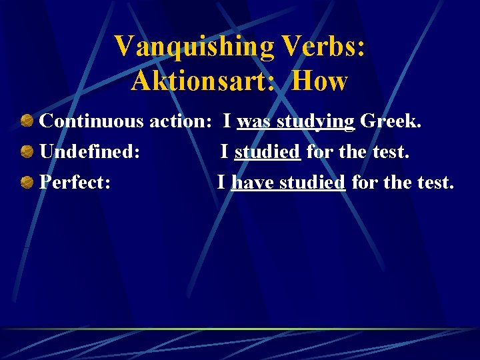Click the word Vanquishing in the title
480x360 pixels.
(194, 47)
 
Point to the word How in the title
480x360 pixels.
(320, 81)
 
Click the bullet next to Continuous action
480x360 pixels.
(27, 121)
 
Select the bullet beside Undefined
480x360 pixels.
(27, 152)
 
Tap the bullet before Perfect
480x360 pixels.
(27, 182)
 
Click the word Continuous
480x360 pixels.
(91, 121)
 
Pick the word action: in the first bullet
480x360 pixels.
(181, 121)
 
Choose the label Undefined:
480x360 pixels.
(90, 152)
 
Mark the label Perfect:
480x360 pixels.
(75, 182)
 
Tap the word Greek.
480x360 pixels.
(391, 121)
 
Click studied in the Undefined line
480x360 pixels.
(267, 152)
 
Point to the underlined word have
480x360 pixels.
(252, 182)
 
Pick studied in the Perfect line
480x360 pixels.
(312, 182)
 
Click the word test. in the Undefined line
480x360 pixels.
(391, 152)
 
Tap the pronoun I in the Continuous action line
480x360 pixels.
(227, 121)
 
